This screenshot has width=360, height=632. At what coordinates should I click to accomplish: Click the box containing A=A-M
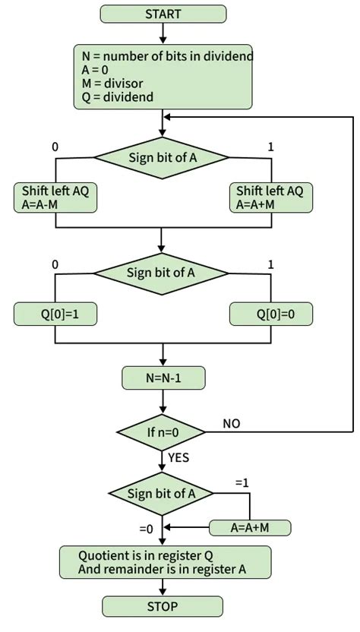[x=55, y=197]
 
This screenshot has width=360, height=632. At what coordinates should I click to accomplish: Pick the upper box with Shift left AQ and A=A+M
[x=270, y=197]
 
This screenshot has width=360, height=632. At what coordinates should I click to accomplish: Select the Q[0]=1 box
[x=55, y=312]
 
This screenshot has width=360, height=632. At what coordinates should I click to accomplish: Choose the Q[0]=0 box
[x=270, y=312]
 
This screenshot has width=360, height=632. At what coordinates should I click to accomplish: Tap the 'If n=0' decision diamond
[x=162, y=432]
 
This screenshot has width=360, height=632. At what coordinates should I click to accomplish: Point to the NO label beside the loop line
[x=232, y=423]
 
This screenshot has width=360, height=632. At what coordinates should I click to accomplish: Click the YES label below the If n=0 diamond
[x=178, y=457]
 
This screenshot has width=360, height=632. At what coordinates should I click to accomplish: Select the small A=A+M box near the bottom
[x=250, y=527]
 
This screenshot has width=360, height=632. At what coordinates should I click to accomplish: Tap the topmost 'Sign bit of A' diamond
[x=162, y=158]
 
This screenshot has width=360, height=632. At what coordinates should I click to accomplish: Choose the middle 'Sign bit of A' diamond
[x=162, y=273]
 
